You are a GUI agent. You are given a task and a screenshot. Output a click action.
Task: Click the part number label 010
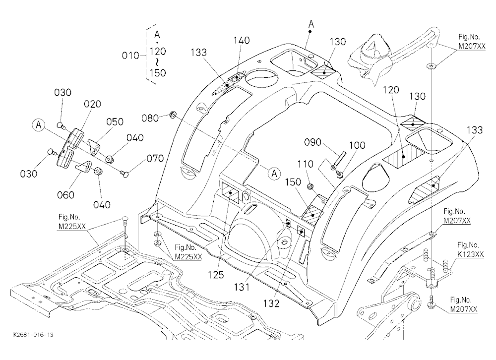pyautogui.click(x=130, y=56)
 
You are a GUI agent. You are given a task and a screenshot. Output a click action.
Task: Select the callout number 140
pyautogui.click(x=242, y=41)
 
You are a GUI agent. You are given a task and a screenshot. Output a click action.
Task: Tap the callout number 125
pyautogui.click(x=216, y=275)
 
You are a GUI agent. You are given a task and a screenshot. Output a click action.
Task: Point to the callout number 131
pyautogui.click(x=242, y=287)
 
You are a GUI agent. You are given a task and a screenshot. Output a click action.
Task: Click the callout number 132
pyautogui.click(x=271, y=303)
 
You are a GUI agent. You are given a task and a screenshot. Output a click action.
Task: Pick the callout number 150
pyautogui.click(x=293, y=182)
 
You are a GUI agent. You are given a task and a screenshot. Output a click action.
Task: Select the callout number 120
pyautogui.click(x=391, y=90)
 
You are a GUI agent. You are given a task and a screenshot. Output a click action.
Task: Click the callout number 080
pyautogui.click(x=150, y=118)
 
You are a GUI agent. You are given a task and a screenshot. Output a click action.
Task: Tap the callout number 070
pyautogui.click(x=155, y=158)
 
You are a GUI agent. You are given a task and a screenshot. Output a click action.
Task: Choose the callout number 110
pyautogui.click(x=305, y=164)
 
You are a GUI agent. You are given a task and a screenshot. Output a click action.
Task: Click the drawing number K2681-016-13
pyautogui.click(x=34, y=335)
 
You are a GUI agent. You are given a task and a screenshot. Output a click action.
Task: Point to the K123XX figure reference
pyautogui.click(x=471, y=255)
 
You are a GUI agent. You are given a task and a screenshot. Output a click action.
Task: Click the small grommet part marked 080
pyautogui.click(x=173, y=115)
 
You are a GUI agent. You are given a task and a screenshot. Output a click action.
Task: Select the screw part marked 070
pyautogui.click(x=124, y=173)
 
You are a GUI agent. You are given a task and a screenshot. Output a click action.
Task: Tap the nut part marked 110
pyautogui.click(x=311, y=186)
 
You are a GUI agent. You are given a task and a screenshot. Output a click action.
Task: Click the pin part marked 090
pyautogui.click(x=338, y=160)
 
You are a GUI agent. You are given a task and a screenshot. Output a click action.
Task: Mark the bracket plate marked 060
pyautogui.click(x=84, y=167)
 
